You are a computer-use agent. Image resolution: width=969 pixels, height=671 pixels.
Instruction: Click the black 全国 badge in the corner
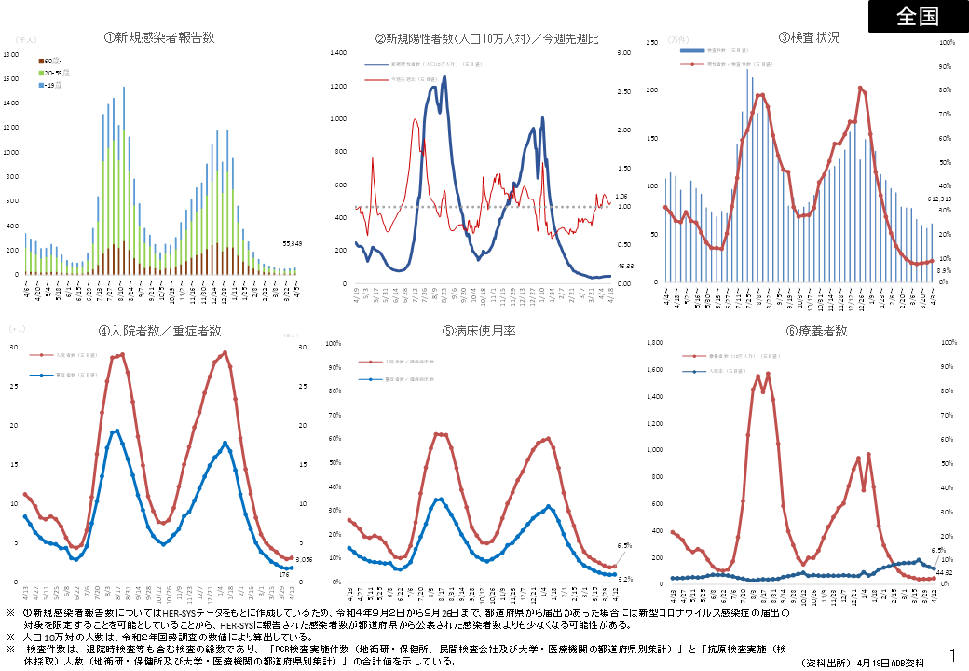[918, 17]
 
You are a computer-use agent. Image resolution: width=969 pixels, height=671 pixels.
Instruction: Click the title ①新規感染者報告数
[159, 37]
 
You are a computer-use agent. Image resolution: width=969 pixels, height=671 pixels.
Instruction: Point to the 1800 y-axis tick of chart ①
[10, 54]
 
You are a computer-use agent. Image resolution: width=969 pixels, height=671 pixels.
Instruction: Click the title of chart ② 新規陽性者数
[486, 38]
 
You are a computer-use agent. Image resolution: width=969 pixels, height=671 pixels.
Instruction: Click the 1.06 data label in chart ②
[622, 197]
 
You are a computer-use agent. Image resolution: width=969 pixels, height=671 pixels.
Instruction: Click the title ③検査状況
[809, 37]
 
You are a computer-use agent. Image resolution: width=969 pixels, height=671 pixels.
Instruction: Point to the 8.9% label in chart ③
[943, 269]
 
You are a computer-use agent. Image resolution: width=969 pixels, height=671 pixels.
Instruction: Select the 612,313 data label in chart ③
[937, 199]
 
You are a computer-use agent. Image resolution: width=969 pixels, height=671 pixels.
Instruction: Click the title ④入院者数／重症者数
[159, 331]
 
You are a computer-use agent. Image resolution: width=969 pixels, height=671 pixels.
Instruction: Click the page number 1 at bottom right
[953, 655]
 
